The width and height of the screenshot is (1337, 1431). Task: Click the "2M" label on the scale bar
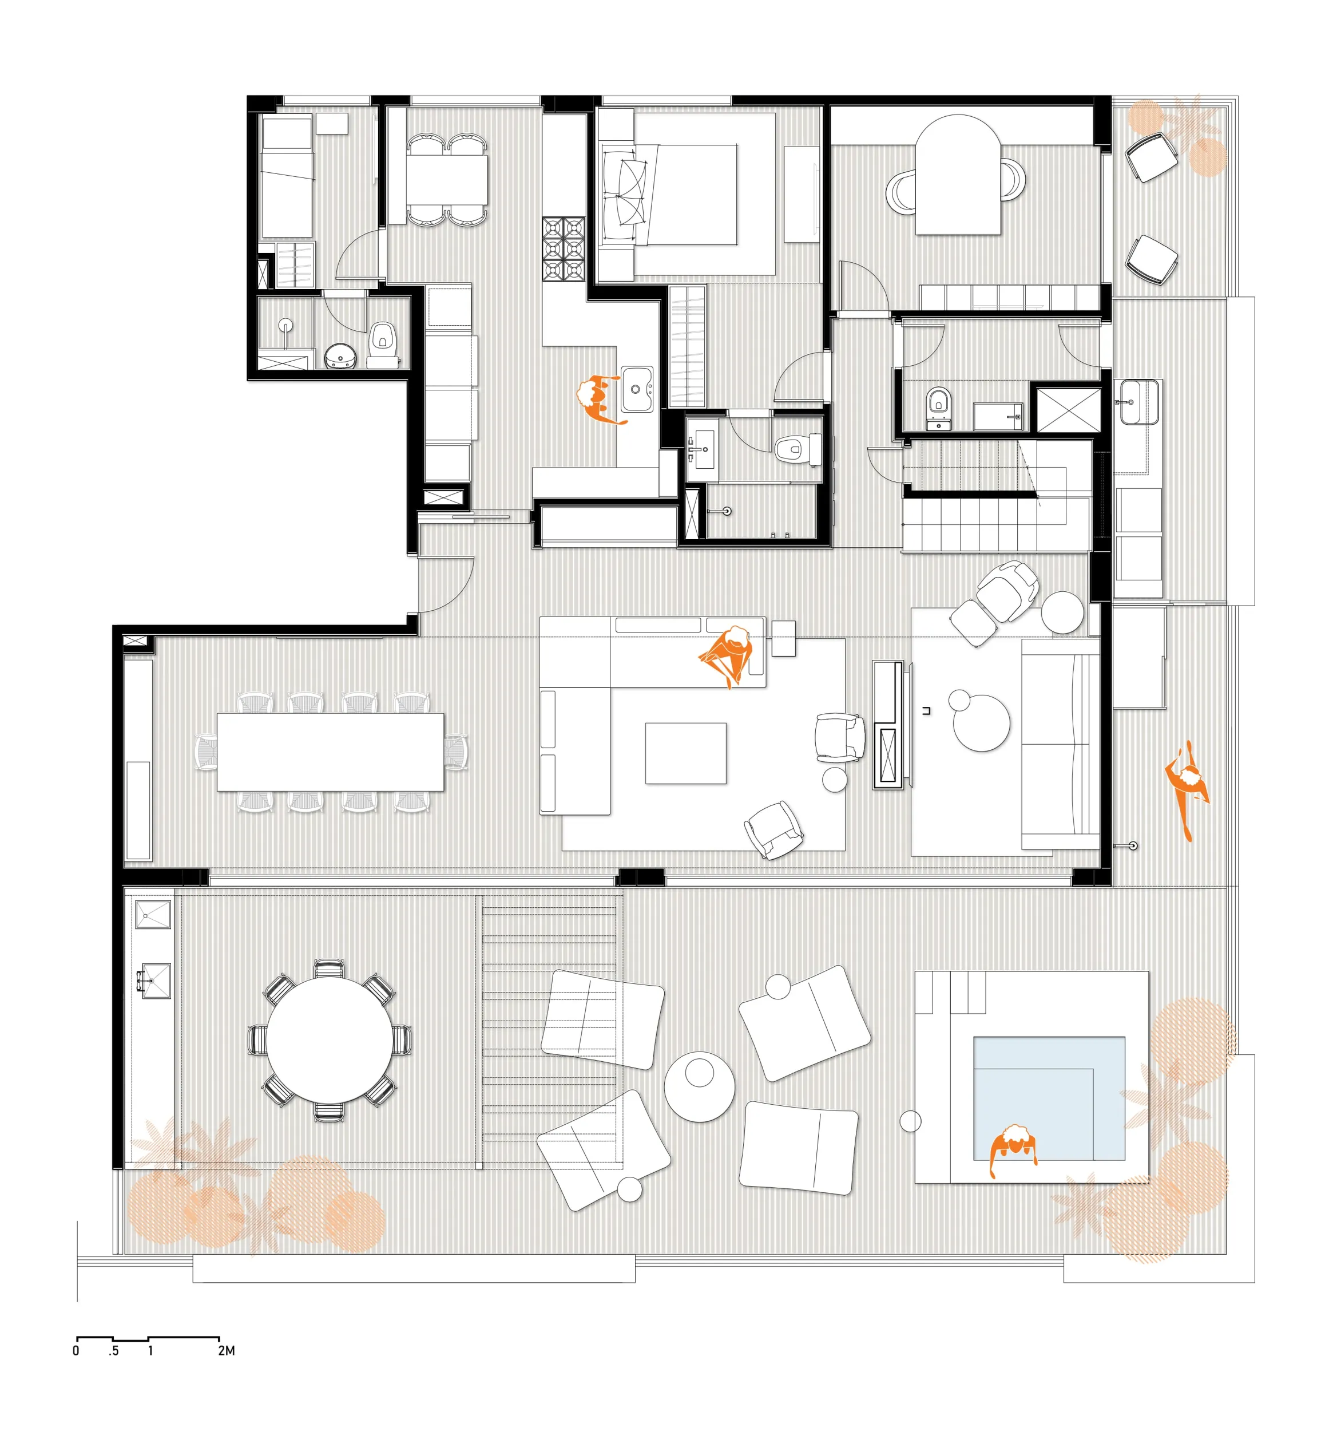point(226,1350)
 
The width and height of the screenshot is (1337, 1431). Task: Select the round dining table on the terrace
point(330,1039)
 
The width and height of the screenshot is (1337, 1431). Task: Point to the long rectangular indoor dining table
point(330,752)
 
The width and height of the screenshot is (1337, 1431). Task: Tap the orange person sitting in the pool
point(1013,1148)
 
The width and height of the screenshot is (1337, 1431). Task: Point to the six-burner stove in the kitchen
point(564,248)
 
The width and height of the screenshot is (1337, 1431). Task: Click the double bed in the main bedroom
point(669,195)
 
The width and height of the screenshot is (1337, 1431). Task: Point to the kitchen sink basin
point(636,389)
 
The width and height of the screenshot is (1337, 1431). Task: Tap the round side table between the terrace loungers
point(699,1087)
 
